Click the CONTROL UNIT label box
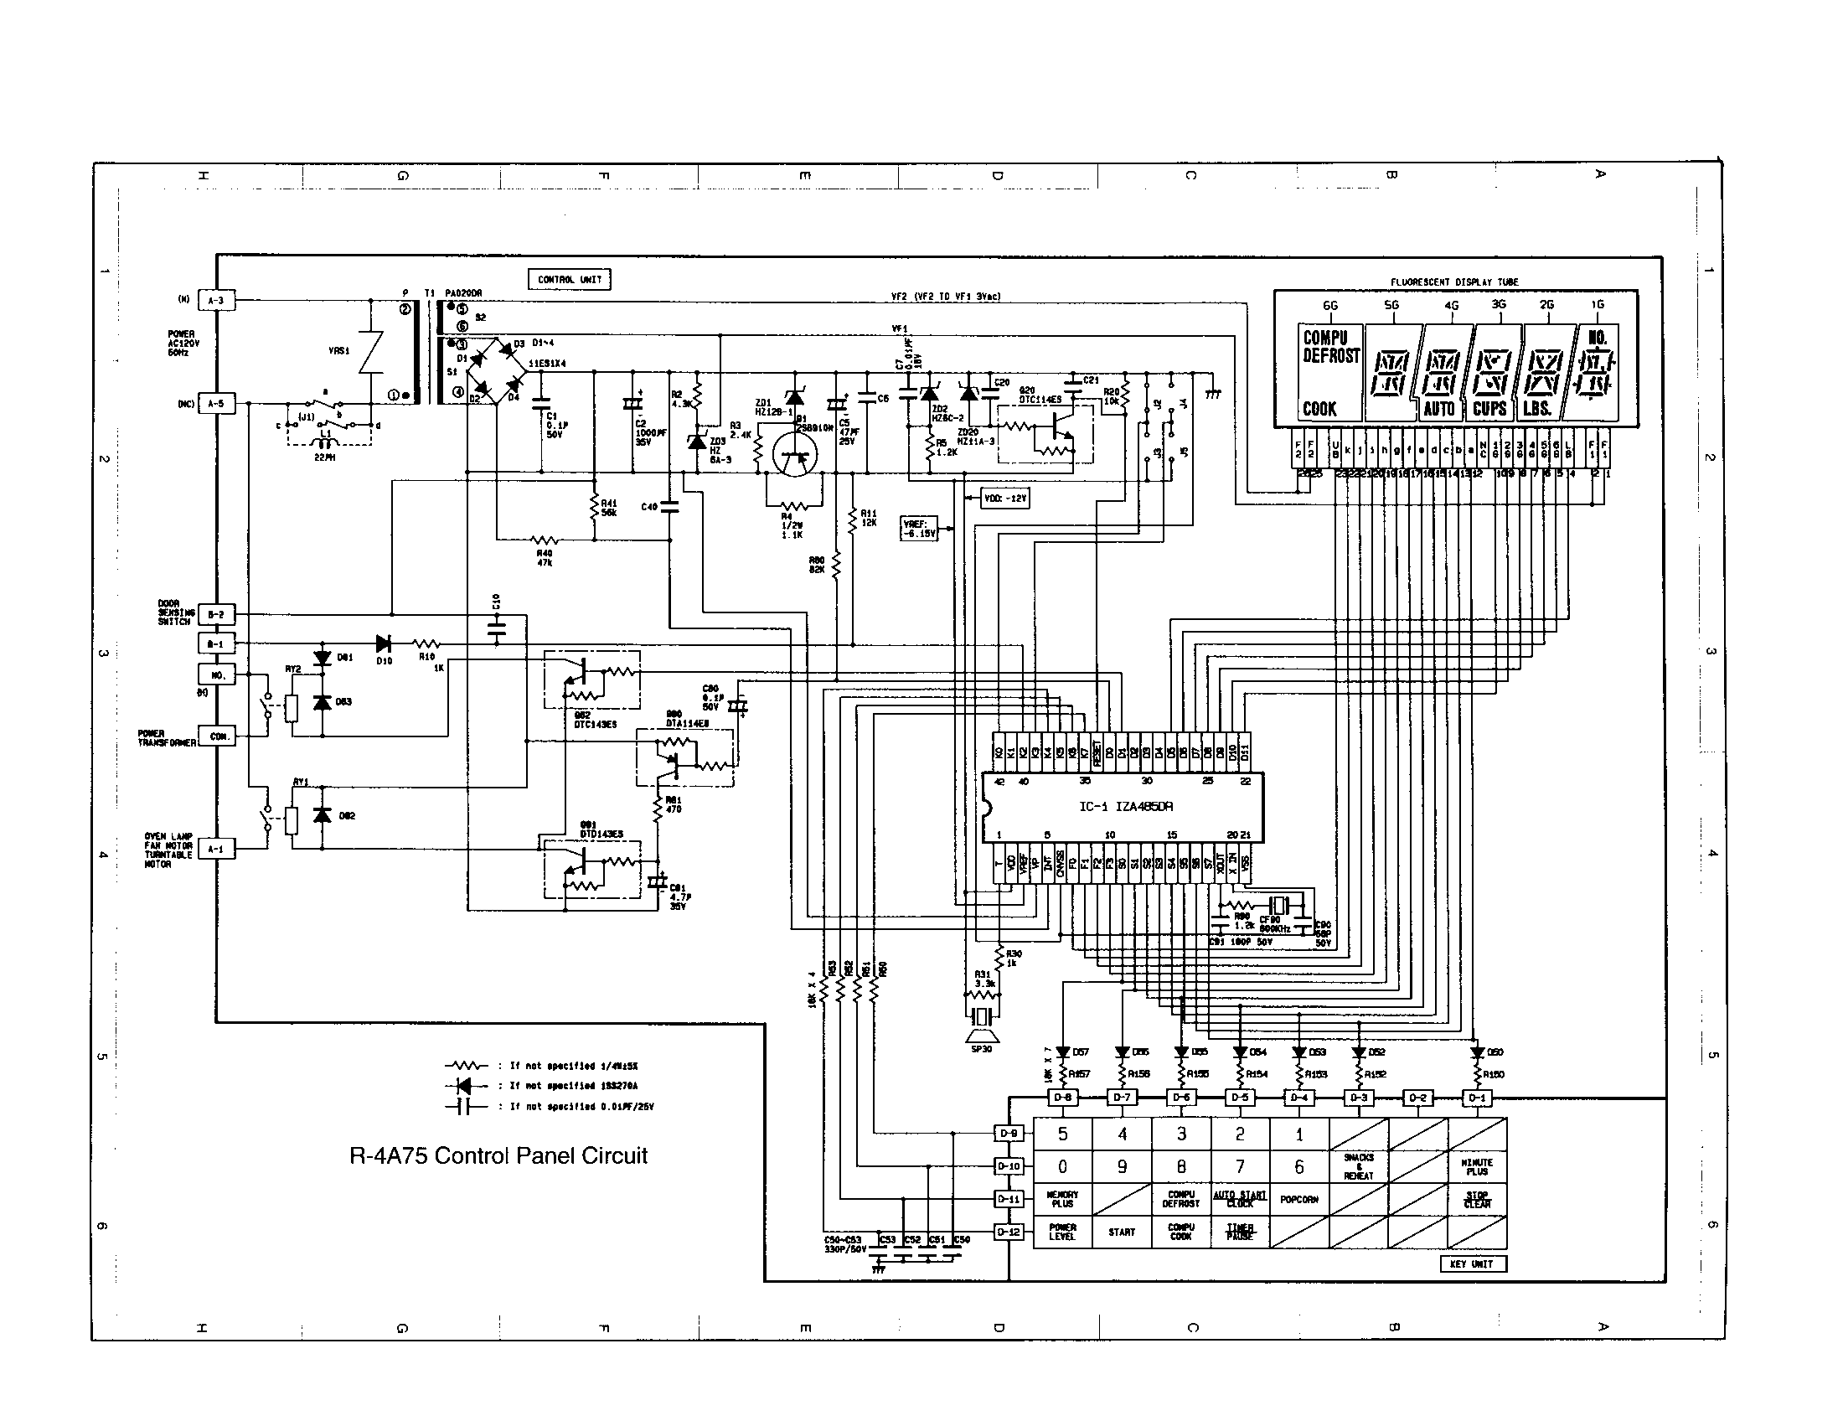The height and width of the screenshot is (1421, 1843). pos(569,279)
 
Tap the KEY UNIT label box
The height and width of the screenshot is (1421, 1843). pos(1472,1263)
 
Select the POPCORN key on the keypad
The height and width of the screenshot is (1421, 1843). pos(1298,1199)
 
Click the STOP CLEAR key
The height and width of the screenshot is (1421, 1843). pos(1477,1199)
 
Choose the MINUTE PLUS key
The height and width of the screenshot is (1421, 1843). pos(1477,1167)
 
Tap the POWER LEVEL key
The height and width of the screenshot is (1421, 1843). pos(1062,1232)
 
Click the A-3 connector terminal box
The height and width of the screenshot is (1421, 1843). pos(217,301)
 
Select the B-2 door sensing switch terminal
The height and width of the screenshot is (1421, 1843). pos(217,614)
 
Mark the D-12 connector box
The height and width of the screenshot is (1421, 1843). pos(1009,1232)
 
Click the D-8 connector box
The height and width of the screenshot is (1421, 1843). pos(1062,1098)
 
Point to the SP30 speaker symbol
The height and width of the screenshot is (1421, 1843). pos(981,1033)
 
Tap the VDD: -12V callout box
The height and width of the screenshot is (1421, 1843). pos(1005,499)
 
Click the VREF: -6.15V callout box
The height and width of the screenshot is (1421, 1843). pos(919,528)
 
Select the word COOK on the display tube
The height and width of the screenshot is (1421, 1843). pos(1319,409)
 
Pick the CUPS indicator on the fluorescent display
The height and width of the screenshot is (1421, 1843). pos(1489,408)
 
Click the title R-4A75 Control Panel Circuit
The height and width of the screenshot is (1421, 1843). pos(498,1155)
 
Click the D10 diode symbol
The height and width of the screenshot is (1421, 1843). pos(385,643)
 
